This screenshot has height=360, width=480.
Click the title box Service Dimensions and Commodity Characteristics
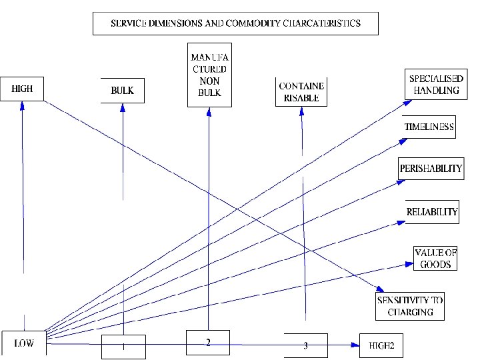(x=235, y=23)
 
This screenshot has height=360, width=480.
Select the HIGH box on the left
(x=22, y=89)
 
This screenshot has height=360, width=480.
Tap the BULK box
(x=122, y=91)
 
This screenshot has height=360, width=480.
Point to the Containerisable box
(x=301, y=91)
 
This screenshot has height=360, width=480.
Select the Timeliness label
(x=429, y=127)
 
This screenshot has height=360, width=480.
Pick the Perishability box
(x=430, y=168)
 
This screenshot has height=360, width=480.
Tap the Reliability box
(x=432, y=211)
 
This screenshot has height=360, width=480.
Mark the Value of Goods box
(x=435, y=259)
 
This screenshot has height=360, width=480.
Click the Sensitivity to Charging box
(x=410, y=306)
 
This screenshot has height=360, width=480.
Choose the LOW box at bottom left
(x=24, y=343)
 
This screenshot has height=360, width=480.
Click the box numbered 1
(x=123, y=347)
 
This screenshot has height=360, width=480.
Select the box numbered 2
(x=208, y=343)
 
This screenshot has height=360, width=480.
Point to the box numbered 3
(x=305, y=345)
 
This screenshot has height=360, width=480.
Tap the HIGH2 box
(x=381, y=345)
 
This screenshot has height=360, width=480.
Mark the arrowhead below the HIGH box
(x=22, y=105)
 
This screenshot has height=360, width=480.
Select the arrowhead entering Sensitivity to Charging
(x=373, y=289)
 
